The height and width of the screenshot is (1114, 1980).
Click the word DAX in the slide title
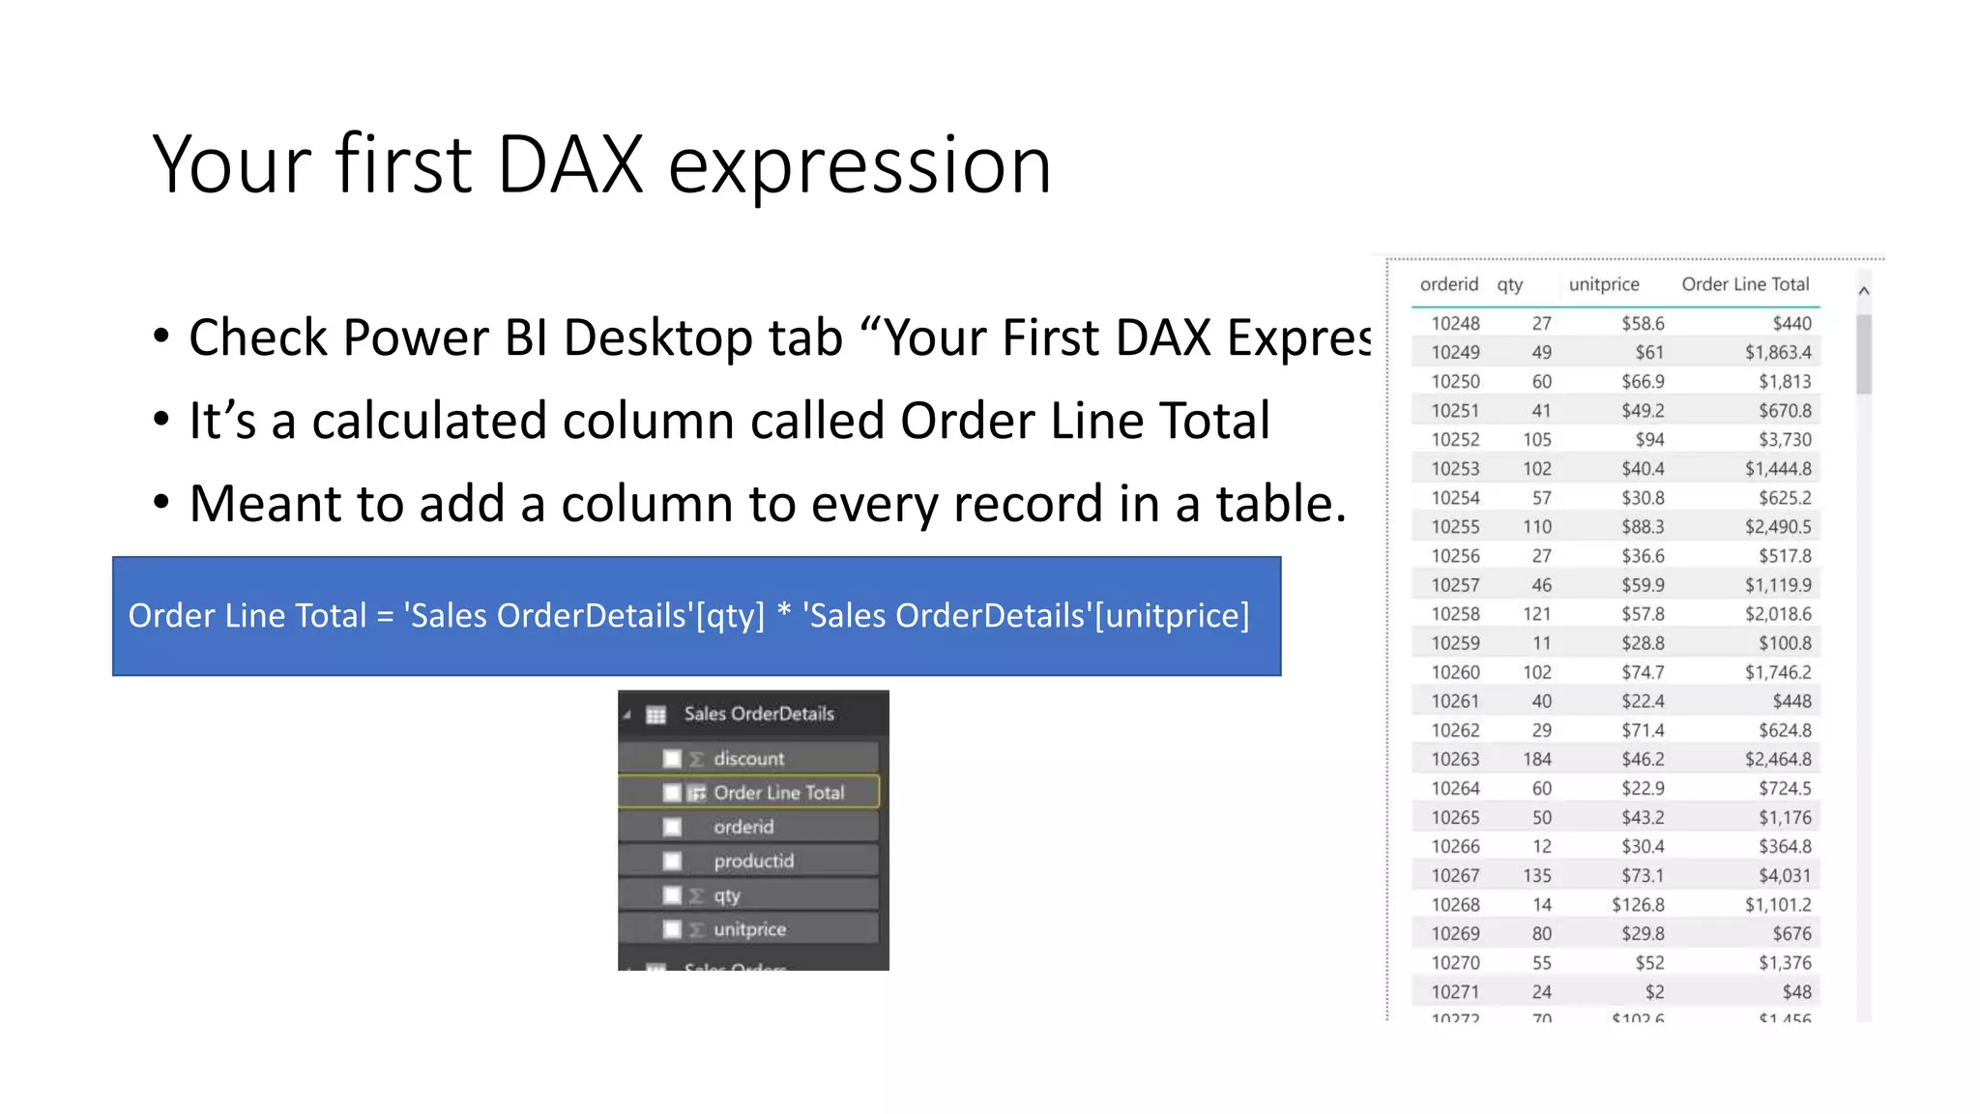click(569, 164)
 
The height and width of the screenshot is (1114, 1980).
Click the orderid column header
click(1448, 284)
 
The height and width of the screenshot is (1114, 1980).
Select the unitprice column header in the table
click(1604, 284)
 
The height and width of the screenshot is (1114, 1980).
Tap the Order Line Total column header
click(1745, 284)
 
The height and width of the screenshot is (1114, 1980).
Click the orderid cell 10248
click(1455, 324)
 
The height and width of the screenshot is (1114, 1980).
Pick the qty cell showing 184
click(1536, 760)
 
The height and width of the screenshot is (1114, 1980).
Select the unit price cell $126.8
click(1638, 905)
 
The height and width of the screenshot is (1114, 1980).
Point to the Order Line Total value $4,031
click(1785, 876)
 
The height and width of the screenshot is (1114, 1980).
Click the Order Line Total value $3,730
click(1785, 440)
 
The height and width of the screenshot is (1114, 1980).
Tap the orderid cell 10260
click(1455, 673)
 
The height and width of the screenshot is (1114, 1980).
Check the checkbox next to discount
click(673, 759)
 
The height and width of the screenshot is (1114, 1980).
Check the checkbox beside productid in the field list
click(673, 862)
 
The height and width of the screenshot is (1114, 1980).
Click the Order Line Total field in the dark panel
click(778, 793)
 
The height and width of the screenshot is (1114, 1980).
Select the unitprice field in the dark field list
click(749, 930)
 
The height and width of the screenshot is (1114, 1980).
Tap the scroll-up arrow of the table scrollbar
click(1864, 291)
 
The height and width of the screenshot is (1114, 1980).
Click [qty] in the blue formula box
click(730, 616)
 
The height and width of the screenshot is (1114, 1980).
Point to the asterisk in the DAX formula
click(784, 614)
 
